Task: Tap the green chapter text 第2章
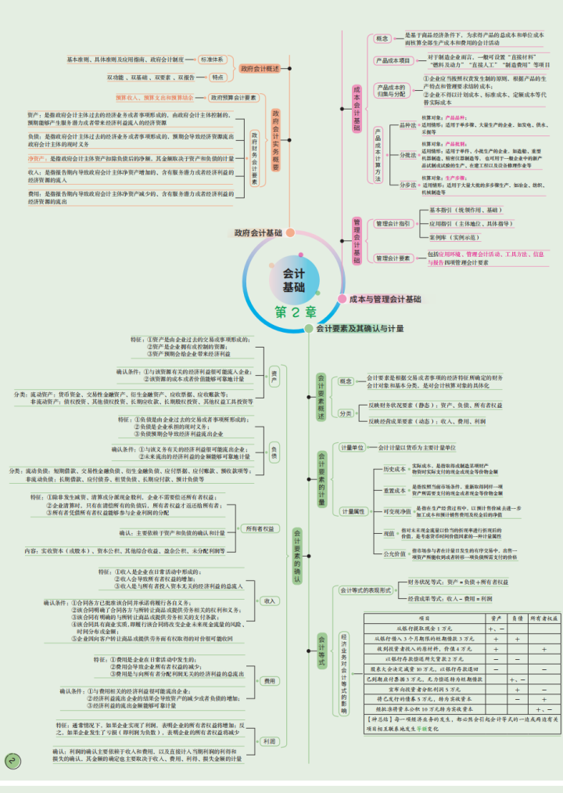click(x=295, y=312)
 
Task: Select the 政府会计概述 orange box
click(x=260, y=69)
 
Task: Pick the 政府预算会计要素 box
click(x=233, y=98)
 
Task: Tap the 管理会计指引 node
click(x=393, y=223)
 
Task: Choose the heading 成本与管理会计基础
click(x=384, y=299)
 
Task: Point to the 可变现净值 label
click(x=398, y=511)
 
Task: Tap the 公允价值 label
click(x=396, y=553)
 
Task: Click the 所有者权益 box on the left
click(x=260, y=529)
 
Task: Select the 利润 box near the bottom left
click(x=269, y=741)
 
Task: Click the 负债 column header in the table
click(x=517, y=618)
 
